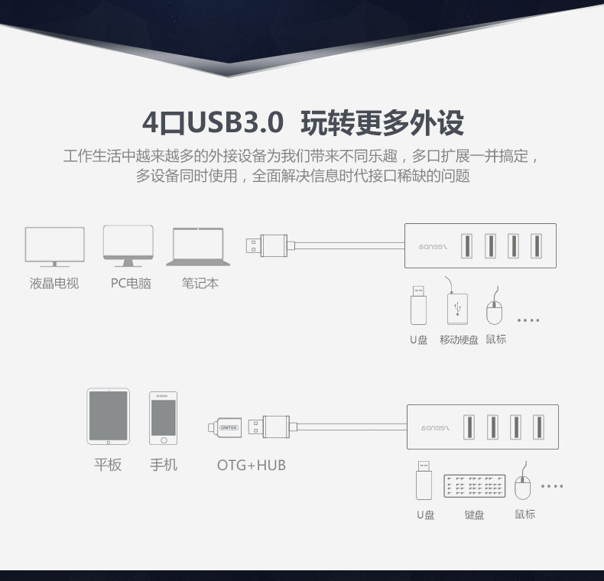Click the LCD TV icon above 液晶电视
55,246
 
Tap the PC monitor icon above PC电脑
128,244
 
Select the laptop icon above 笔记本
197,246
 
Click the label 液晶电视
54,284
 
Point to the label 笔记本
200,284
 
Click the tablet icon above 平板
108,417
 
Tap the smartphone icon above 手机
163,418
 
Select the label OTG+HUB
251,465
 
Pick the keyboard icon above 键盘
474,486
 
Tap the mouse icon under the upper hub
495,309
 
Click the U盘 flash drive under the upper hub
417,305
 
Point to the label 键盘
474,514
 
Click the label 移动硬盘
459,339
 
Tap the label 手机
164,465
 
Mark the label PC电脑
131,284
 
